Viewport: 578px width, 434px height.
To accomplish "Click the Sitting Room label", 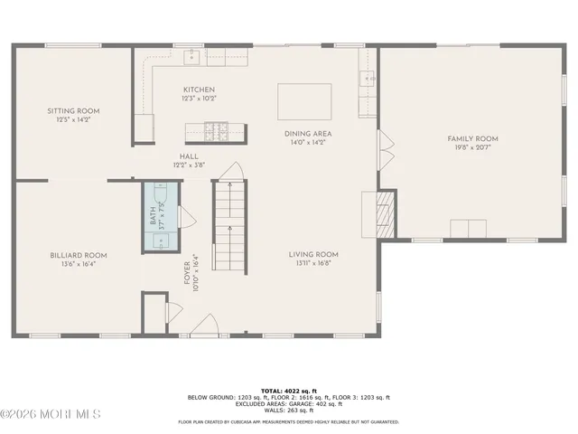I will tap(74, 110).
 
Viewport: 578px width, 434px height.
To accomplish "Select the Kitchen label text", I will tap(200, 90).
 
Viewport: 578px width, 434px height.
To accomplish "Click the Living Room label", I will tap(313, 254).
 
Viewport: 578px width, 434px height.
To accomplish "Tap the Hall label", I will tap(190, 156).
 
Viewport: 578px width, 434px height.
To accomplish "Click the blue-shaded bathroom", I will tap(161, 217).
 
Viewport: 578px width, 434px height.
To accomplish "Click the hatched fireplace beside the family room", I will tap(386, 214).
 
